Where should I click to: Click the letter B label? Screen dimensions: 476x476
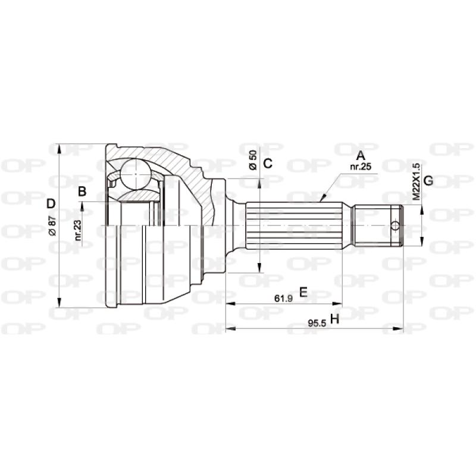pyautogui.click(x=83, y=191)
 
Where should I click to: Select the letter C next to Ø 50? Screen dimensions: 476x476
pyautogui.click(x=268, y=164)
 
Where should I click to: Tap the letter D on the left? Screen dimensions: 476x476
pyautogui.click(x=51, y=203)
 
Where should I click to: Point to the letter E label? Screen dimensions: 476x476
pyautogui.click(x=302, y=292)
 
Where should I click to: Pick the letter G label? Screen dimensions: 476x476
pyautogui.click(x=427, y=180)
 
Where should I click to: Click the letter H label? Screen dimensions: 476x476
pyautogui.click(x=334, y=320)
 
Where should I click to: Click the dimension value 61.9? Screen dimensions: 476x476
pyautogui.click(x=283, y=299)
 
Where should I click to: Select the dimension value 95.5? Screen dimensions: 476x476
pyautogui.click(x=315, y=323)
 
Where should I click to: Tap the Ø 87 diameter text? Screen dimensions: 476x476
pyautogui.click(x=52, y=226)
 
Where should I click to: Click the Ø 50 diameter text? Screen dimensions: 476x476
pyautogui.click(x=253, y=161)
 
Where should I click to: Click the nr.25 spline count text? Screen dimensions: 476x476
pyautogui.click(x=361, y=167)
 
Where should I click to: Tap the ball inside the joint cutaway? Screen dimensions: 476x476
pyautogui.click(x=136, y=173)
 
